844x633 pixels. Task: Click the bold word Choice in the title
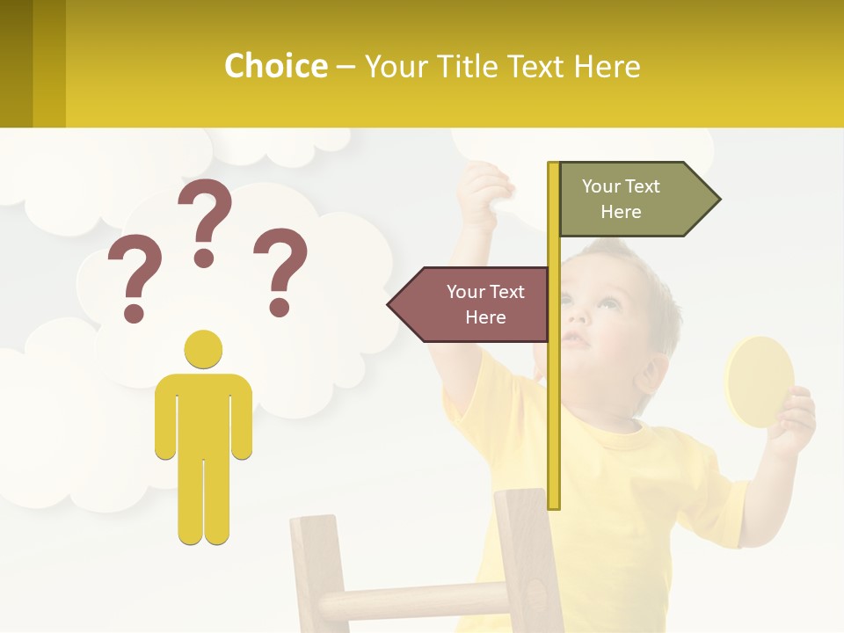point(275,66)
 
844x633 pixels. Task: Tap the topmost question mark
point(205,220)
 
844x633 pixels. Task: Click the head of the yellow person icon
point(203,349)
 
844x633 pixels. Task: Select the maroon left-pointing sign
point(475,304)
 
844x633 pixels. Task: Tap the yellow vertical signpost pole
point(553,396)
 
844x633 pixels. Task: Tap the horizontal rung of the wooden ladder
point(413,602)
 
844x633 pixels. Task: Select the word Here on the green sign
point(621,212)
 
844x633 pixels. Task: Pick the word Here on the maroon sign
point(485,317)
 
